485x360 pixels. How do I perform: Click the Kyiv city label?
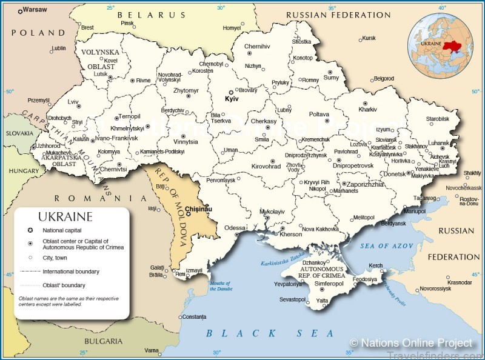tap(232, 98)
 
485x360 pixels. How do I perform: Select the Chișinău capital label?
tap(199, 208)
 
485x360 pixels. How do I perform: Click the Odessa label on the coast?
tap(235, 228)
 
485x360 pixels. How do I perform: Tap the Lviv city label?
tap(73, 102)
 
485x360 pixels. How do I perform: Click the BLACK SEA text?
tap(270, 333)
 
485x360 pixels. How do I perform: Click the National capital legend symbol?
tap(30, 230)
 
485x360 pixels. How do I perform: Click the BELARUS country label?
tap(149, 15)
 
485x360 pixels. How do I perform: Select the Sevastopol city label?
tap(292, 299)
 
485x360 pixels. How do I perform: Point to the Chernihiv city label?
tap(257, 46)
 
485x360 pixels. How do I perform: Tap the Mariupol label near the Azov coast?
tap(415, 212)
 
